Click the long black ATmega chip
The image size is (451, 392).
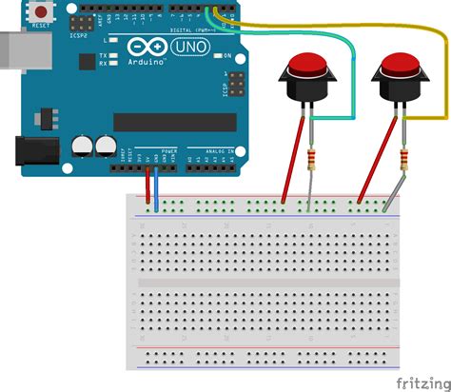[174, 122]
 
